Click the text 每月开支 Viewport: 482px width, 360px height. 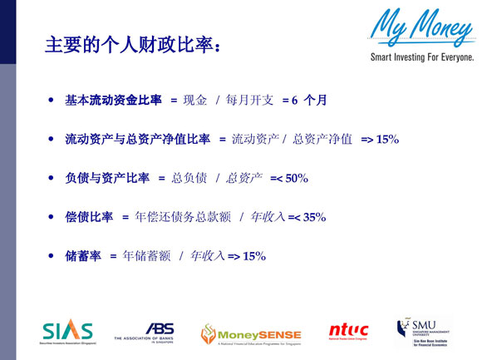click(248, 101)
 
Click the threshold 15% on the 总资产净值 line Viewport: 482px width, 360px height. click(387, 139)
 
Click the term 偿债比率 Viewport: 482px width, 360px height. click(89, 216)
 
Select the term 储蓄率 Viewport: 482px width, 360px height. click(83, 255)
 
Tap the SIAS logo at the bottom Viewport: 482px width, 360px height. click(67, 331)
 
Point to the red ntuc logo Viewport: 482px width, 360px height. click(348, 331)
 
